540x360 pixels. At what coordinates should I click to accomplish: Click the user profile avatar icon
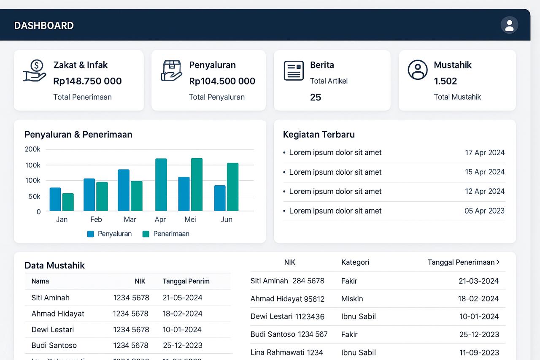pyautogui.click(x=509, y=25)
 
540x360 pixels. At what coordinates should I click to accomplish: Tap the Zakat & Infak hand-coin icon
pyautogui.click(x=35, y=71)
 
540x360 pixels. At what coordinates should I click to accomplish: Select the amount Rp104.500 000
pyautogui.click(x=222, y=81)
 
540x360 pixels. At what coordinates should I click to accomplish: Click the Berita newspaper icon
pyautogui.click(x=294, y=70)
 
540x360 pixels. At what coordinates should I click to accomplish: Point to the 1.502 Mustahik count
pyautogui.click(x=445, y=81)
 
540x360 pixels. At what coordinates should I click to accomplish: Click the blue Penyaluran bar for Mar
pyautogui.click(x=124, y=190)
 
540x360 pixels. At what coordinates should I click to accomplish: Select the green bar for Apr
pyautogui.click(x=161, y=184)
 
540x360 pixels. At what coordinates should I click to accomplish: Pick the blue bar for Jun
pyautogui.click(x=220, y=198)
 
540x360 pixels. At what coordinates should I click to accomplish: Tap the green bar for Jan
pyautogui.click(x=68, y=202)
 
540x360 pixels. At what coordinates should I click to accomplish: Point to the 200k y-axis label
pyautogui.click(x=32, y=149)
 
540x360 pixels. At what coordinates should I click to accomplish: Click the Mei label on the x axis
pyautogui.click(x=190, y=219)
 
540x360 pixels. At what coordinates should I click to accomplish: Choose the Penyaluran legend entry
pyautogui.click(x=110, y=234)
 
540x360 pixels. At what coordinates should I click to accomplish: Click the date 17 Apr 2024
pyautogui.click(x=485, y=153)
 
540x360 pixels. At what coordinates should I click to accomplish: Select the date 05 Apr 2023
pyautogui.click(x=484, y=211)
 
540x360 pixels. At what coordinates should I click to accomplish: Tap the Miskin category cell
pyautogui.click(x=352, y=299)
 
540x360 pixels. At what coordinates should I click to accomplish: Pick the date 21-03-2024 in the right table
pyautogui.click(x=478, y=281)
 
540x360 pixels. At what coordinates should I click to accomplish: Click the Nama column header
pyautogui.click(x=40, y=281)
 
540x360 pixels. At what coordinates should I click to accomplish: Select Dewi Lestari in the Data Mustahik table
pyautogui.click(x=53, y=330)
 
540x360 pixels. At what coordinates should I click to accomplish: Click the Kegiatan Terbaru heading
pyautogui.click(x=319, y=135)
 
